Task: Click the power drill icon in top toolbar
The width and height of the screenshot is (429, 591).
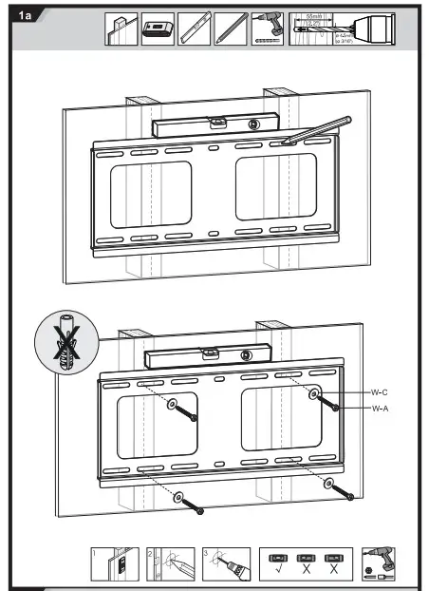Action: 268,29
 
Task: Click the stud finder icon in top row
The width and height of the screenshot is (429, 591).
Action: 158,29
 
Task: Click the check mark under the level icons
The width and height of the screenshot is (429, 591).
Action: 279,571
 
